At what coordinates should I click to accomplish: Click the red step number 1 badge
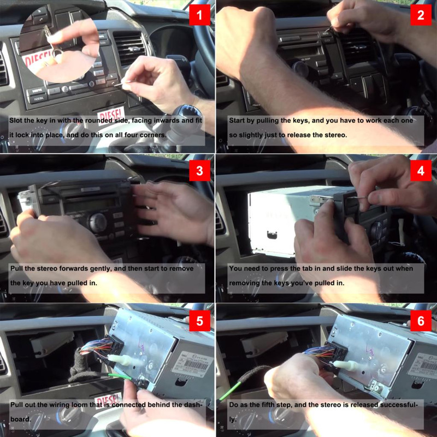(x=199, y=15)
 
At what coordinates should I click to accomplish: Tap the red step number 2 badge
(x=421, y=15)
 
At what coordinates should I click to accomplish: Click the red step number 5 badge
(x=199, y=321)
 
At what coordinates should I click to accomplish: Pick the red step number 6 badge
(x=421, y=321)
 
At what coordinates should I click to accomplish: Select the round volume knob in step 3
(x=97, y=222)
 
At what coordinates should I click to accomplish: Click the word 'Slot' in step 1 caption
(x=17, y=120)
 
